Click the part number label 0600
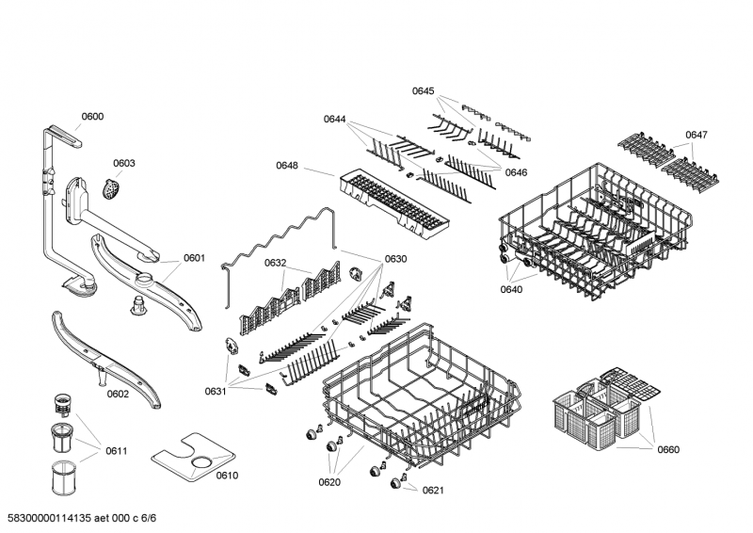[92, 117]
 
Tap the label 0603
[124, 163]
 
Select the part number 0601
[194, 258]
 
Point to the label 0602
[117, 394]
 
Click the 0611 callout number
[116, 451]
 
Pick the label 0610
[227, 475]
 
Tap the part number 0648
[287, 166]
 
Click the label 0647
[696, 135]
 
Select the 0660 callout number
[666, 449]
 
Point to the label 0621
[432, 490]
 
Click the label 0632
[275, 263]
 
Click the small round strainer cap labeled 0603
[112, 188]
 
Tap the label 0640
[513, 289]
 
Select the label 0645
[423, 91]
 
